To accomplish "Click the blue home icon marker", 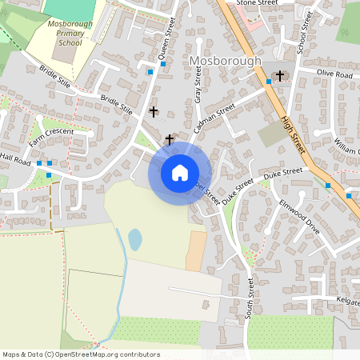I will [x=180, y=173].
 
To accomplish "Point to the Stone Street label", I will [x=257, y=4].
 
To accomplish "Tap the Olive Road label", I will [x=334, y=74].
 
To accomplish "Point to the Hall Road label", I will [x=15, y=160].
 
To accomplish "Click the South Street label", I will [x=250, y=298].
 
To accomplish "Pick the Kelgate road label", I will [x=347, y=302].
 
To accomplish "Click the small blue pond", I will [x=135, y=238].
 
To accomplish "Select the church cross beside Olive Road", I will [x=280, y=76].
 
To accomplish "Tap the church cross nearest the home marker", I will [x=169, y=139].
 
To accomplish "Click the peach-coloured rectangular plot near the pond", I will [x=195, y=250].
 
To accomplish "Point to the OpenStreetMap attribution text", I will [x=81, y=354].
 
